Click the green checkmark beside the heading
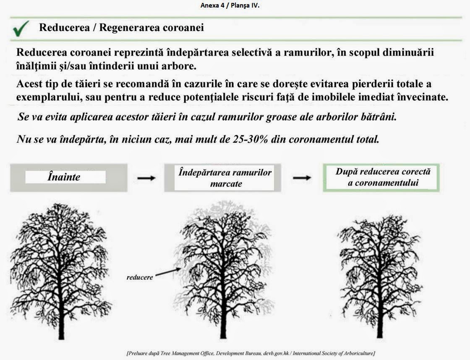pyautogui.click(x=21, y=29)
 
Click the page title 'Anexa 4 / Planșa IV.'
pyautogui.click(x=235, y=6)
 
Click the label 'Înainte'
pyautogui.click(x=64, y=177)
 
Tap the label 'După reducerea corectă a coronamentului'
pyautogui.click(x=383, y=177)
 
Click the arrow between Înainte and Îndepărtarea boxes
pyautogui.click(x=146, y=178)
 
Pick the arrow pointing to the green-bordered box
pyautogui.click(x=302, y=178)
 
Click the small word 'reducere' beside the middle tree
pyautogui.click(x=140, y=278)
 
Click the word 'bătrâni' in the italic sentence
pyautogui.click(x=380, y=117)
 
